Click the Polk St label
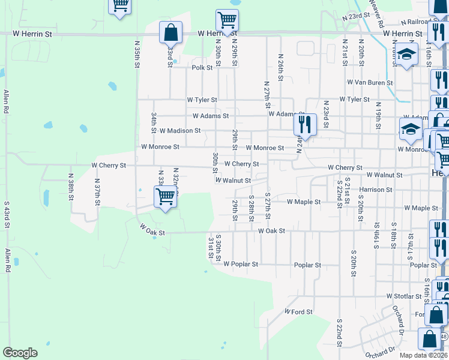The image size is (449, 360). [x=202, y=68]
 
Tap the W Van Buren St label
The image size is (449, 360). [x=370, y=83]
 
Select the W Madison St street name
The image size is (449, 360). [x=180, y=130]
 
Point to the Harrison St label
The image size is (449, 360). [x=376, y=190]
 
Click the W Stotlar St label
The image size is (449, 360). [x=404, y=296]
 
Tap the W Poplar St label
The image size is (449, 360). [x=241, y=264]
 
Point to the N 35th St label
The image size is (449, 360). [x=137, y=55]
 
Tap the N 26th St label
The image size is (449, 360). [x=280, y=67]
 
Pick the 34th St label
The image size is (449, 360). [x=154, y=122]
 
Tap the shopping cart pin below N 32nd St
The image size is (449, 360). [x=165, y=196]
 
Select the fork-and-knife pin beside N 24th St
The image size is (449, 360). [x=305, y=125]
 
